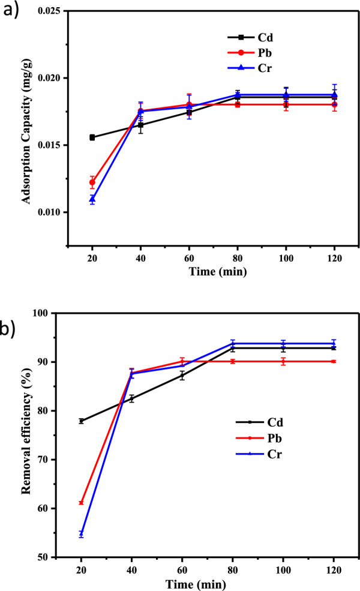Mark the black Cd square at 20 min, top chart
tap(92, 137)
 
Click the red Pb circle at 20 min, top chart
tap(92, 182)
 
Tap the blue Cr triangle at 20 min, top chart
tap(92, 199)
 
